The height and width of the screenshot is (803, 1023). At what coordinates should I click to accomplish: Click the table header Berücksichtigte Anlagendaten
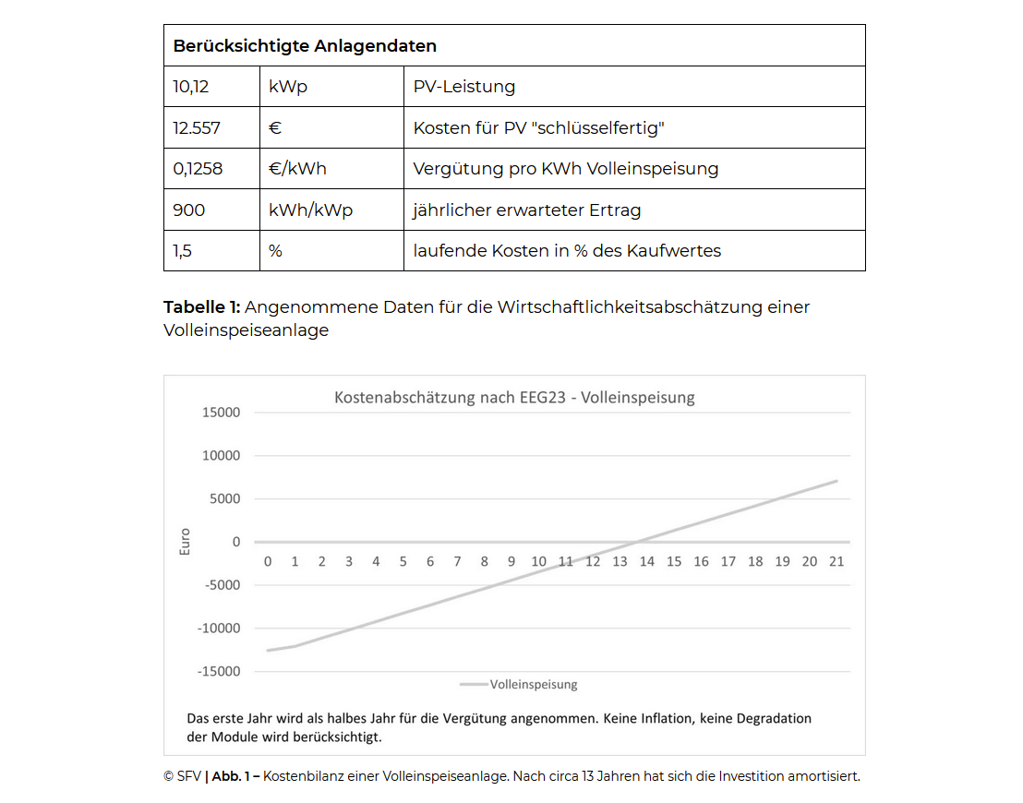[x=305, y=46]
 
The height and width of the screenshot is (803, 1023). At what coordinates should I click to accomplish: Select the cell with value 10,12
[x=191, y=87]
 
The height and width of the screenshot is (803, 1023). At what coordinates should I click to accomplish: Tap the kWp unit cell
[x=288, y=87]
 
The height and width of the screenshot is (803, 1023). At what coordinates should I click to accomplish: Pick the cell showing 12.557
[x=197, y=128]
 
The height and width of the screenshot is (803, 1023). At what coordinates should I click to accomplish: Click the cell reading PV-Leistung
[x=464, y=87]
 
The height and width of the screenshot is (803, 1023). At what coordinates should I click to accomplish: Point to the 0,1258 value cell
[x=198, y=169]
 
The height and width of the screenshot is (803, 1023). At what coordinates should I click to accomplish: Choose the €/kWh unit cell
[x=297, y=169]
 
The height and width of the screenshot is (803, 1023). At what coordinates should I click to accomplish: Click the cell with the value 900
[x=189, y=210]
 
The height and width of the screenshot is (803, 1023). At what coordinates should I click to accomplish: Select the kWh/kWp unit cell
[x=310, y=210]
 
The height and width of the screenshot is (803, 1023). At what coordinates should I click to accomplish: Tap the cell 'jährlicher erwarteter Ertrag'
[x=526, y=210]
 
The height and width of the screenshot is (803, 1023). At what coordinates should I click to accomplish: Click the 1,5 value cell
[x=183, y=251]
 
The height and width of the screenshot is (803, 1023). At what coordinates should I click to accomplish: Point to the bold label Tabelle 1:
[x=201, y=307]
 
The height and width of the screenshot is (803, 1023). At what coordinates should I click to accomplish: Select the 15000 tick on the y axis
[x=221, y=413]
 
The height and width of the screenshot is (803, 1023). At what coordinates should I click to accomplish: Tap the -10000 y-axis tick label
[x=219, y=629]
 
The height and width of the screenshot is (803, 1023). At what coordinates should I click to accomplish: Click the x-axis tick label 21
[x=836, y=561]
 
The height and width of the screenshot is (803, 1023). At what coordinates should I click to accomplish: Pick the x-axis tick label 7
[x=457, y=561]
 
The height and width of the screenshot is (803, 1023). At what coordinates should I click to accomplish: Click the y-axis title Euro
[x=185, y=541]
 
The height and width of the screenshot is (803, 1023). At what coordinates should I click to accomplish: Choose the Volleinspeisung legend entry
[x=533, y=685]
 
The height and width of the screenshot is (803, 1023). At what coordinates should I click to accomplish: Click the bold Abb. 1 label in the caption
[x=234, y=776]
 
